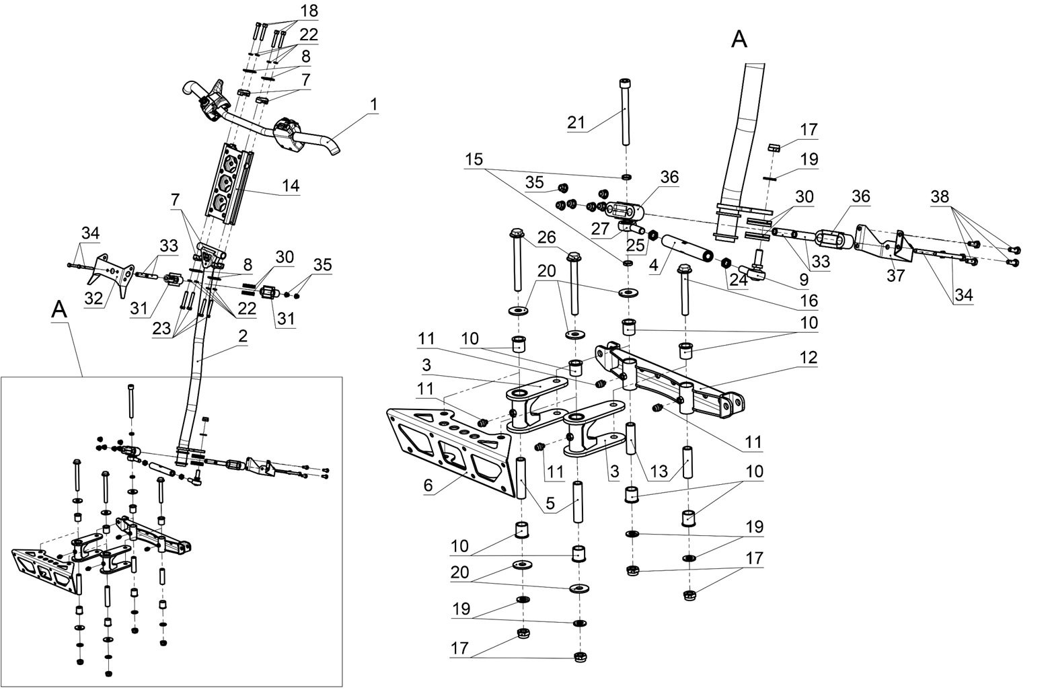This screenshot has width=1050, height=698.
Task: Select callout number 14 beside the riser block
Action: coord(291,185)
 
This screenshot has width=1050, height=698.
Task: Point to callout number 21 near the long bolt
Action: coord(576,122)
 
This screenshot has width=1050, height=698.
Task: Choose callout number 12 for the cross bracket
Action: coord(809,358)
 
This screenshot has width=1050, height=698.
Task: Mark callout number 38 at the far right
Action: coord(940,197)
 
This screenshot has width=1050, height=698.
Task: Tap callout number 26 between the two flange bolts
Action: coord(546,237)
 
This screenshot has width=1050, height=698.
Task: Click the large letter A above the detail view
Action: coord(739,40)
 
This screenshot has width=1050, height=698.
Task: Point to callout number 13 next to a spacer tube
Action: coord(659,471)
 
